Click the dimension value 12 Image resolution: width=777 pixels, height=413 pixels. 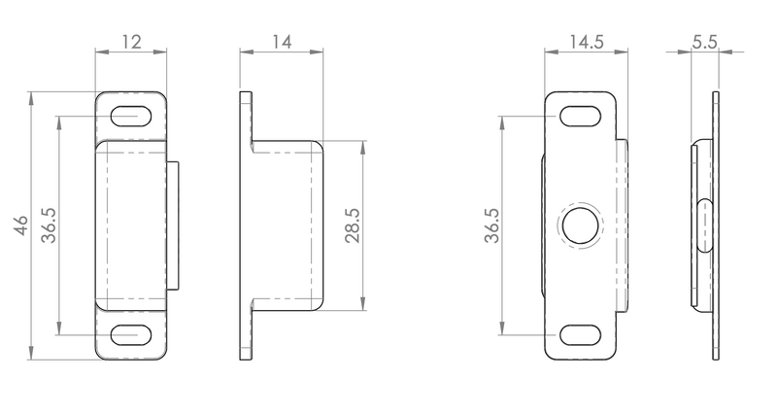[x=131, y=42]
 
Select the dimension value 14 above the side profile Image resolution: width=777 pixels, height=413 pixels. [x=282, y=42]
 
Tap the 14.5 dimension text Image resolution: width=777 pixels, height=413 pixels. [x=586, y=42]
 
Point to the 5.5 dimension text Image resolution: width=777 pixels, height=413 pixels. [x=705, y=42]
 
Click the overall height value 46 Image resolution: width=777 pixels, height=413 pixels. [x=21, y=225]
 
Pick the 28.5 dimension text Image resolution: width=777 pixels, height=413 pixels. [x=352, y=225]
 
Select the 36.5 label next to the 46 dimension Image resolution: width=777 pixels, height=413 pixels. [x=49, y=225]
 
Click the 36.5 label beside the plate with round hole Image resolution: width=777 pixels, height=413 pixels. [x=492, y=225]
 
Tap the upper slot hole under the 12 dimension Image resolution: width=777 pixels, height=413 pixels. [x=131, y=117]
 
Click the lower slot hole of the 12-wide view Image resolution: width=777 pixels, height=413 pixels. [x=131, y=335]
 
